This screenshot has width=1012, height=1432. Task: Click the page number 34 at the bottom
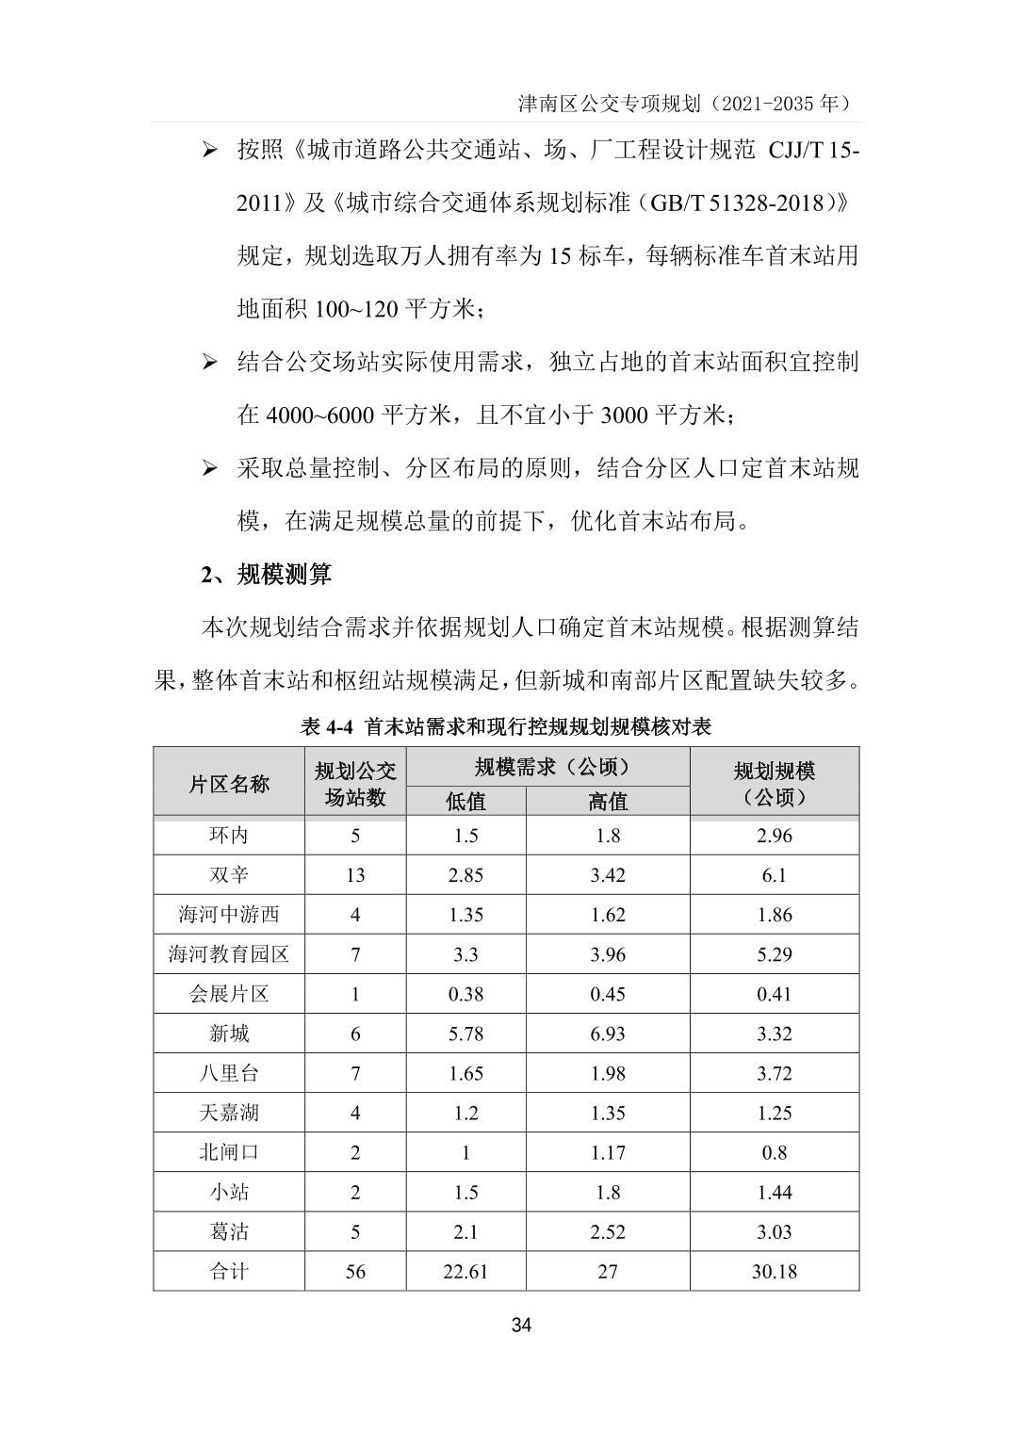click(x=521, y=1326)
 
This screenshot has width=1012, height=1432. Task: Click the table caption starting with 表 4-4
click(x=505, y=726)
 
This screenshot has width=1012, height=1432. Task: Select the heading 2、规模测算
click(x=266, y=575)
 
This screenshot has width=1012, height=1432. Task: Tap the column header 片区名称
click(x=229, y=784)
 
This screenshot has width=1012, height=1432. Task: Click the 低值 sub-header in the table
click(x=465, y=801)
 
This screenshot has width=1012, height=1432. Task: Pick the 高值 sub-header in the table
click(x=608, y=801)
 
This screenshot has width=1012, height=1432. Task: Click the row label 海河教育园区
click(x=229, y=954)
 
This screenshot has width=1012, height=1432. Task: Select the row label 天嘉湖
click(x=229, y=1113)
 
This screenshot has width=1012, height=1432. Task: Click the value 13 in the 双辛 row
click(x=355, y=875)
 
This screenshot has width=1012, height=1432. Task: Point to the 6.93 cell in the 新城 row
click(x=608, y=1033)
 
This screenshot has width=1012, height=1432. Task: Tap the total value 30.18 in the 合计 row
click(x=774, y=1271)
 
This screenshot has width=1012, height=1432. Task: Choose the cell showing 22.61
click(x=465, y=1271)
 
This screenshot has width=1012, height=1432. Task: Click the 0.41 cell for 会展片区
click(x=774, y=994)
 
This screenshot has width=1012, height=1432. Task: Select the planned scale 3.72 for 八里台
click(x=774, y=1073)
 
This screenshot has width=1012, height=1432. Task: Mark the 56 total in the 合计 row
click(x=355, y=1271)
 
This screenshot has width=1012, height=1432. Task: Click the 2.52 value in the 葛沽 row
click(x=608, y=1231)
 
